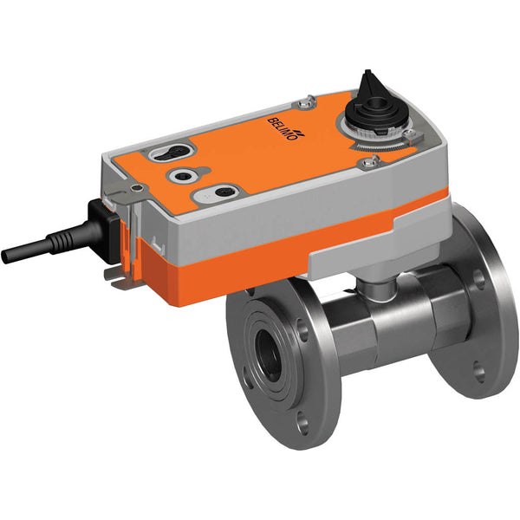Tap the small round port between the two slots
[x=185, y=175]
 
